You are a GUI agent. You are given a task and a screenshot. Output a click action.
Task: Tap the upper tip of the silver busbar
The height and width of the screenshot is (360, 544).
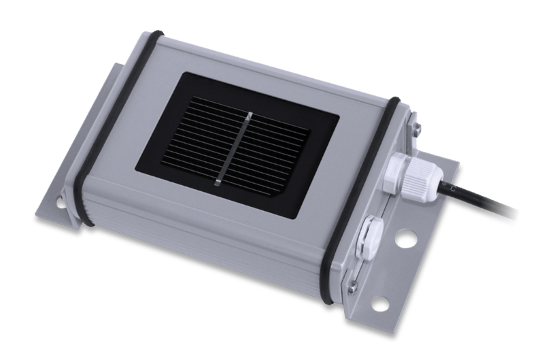click(x=250, y=113)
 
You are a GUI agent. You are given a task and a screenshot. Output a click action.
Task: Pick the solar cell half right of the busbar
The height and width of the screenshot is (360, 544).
click(x=272, y=153)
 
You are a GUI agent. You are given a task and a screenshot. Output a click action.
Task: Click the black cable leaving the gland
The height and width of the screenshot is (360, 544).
click(x=490, y=205)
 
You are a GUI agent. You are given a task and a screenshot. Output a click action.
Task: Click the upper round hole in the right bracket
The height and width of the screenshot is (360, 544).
click(x=407, y=240)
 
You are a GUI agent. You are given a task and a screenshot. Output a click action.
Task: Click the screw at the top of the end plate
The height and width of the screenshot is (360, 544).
click(x=414, y=126)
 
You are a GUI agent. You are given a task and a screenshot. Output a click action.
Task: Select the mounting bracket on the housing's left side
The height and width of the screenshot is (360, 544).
click(x=58, y=204)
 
